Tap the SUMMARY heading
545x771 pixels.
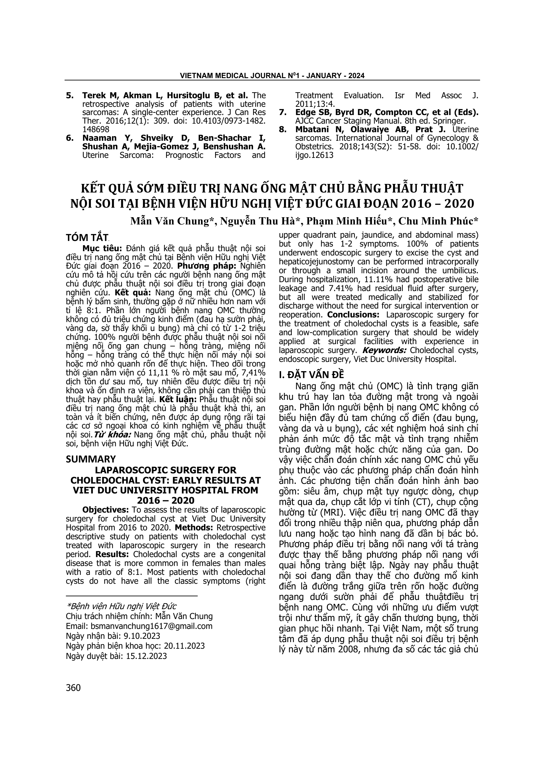point(91,459)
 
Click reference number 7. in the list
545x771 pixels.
point(283,112)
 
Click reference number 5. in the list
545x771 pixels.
point(70,95)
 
